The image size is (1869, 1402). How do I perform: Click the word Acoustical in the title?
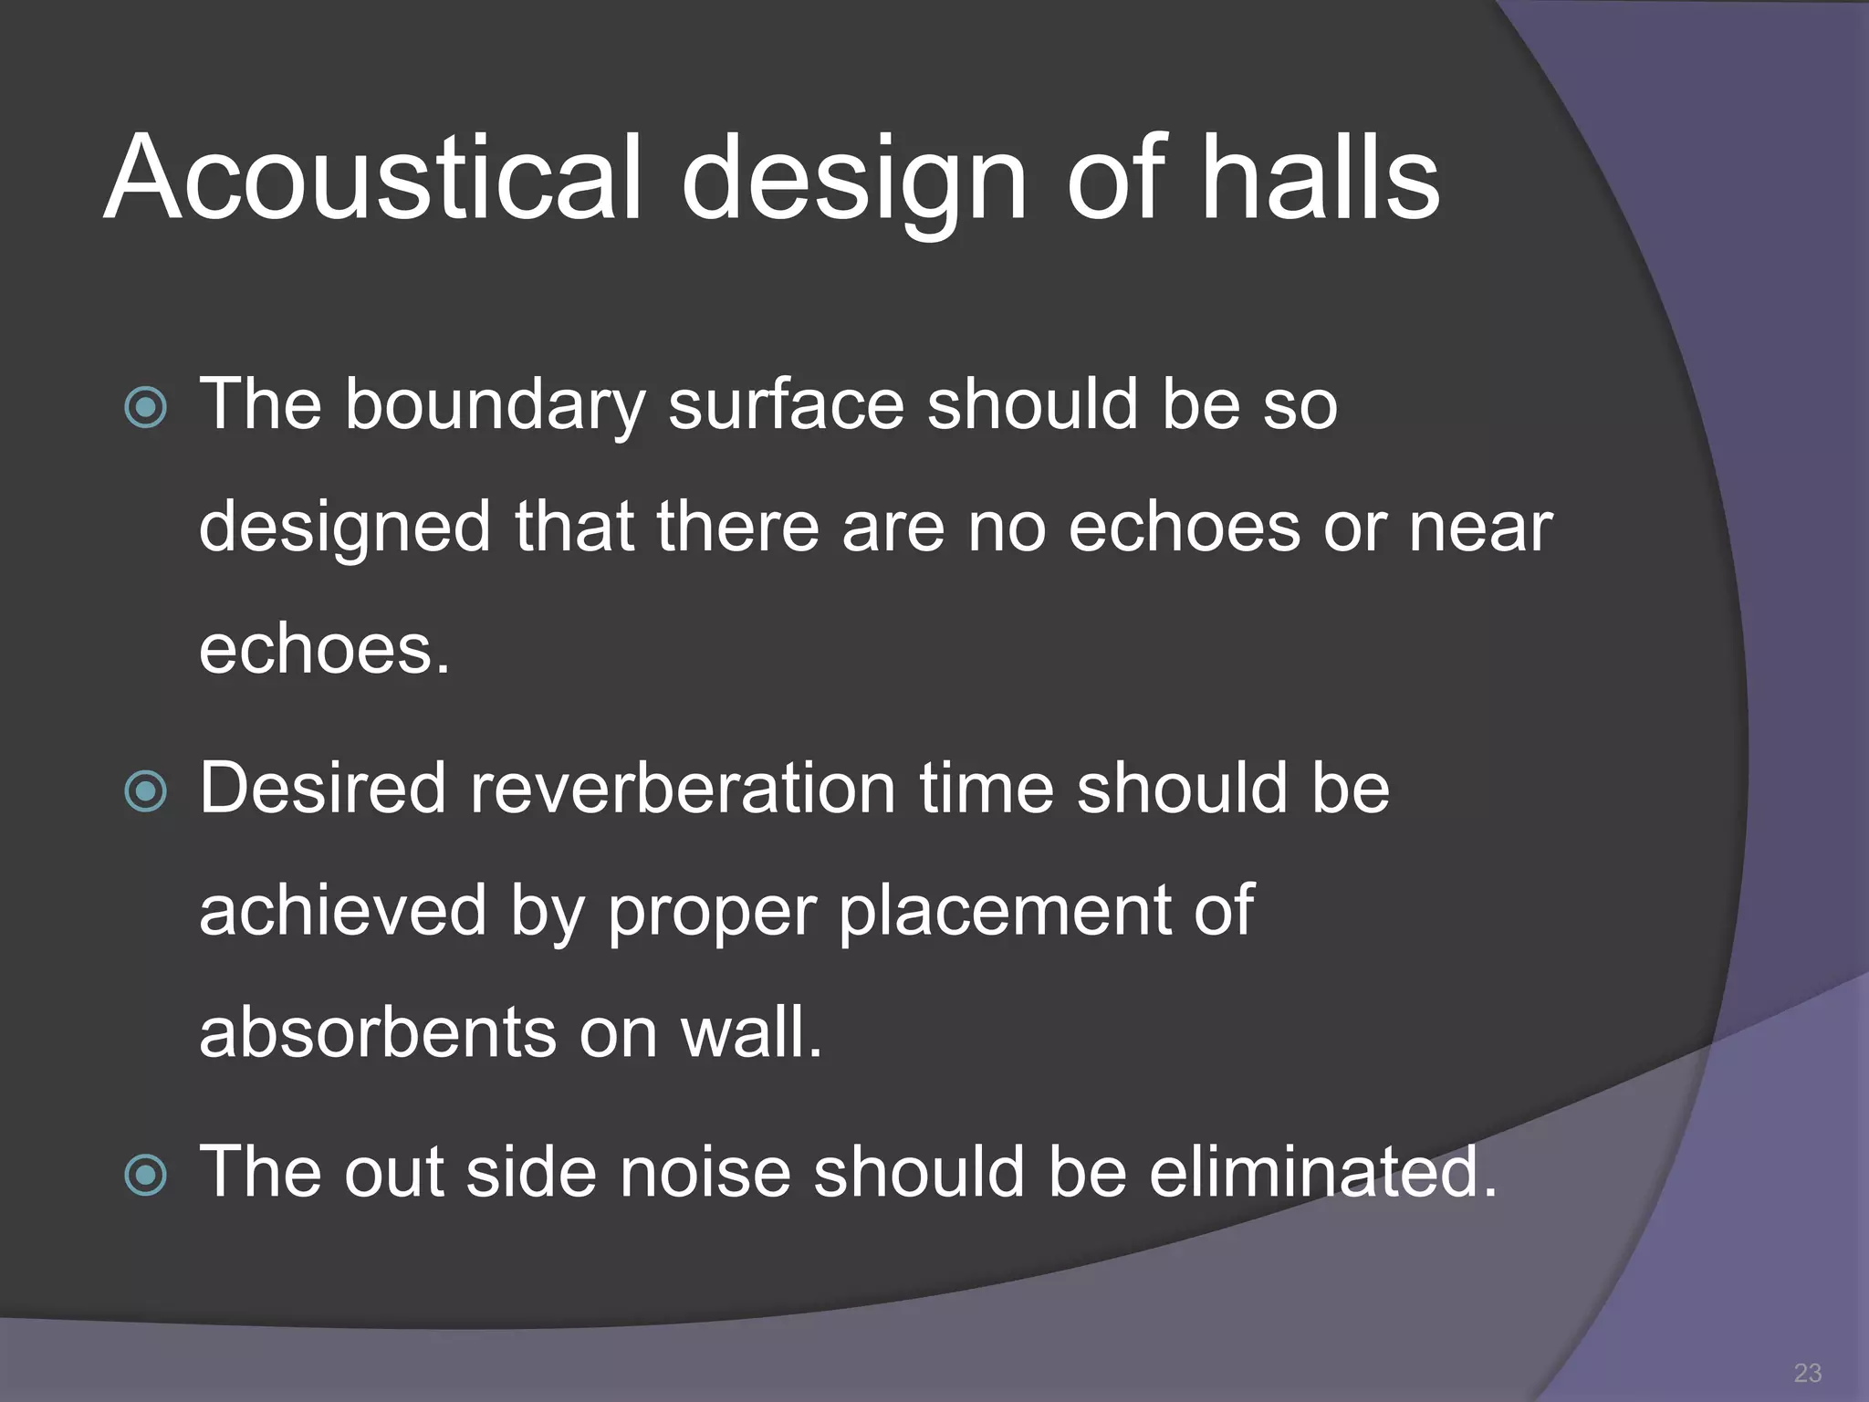pos(374,178)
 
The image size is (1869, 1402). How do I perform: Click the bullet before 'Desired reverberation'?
pos(146,790)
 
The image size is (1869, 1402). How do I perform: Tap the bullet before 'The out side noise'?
pos(146,1175)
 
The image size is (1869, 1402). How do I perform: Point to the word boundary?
pos(494,406)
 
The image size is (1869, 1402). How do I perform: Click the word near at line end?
pos(1479,528)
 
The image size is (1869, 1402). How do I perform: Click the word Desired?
pos(322,789)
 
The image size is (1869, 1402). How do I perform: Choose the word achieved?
pos(343,911)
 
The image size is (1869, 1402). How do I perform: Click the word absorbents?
pos(377,1033)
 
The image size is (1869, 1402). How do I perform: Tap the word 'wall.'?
pos(752,1033)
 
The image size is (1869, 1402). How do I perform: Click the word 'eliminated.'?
pos(1322,1173)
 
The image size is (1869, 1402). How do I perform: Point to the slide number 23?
pos(1807,1373)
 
